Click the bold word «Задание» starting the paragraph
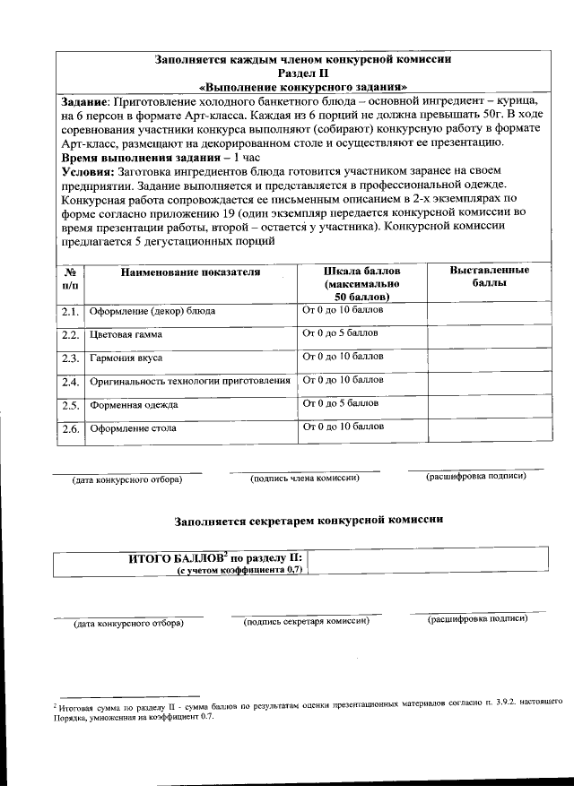click(x=83, y=101)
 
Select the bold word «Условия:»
click(x=89, y=169)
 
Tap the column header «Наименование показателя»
click(x=190, y=272)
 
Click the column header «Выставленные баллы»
click(x=489, y=277)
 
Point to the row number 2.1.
click(x=70, y=312)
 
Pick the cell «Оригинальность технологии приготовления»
click(x=190, y=382)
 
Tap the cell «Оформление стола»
click(x=133, y=428)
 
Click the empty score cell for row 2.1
click(x=489, y=312)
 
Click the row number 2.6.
click(x=70, y=429)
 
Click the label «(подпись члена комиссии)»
click(x=305, y=478)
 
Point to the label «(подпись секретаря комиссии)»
click(x=306, y=622)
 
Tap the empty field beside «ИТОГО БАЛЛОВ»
click(x=430, y=563)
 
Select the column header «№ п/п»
click(x=70, y=277)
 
